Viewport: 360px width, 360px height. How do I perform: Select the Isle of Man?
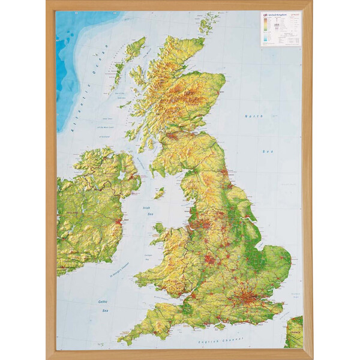pyautogui.click(x=159, y=193)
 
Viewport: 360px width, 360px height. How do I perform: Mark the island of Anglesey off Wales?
pyautogui.click(x=158, y=228)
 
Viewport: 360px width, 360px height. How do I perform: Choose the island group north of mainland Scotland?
pyautogui.click(x=209, y=24)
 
